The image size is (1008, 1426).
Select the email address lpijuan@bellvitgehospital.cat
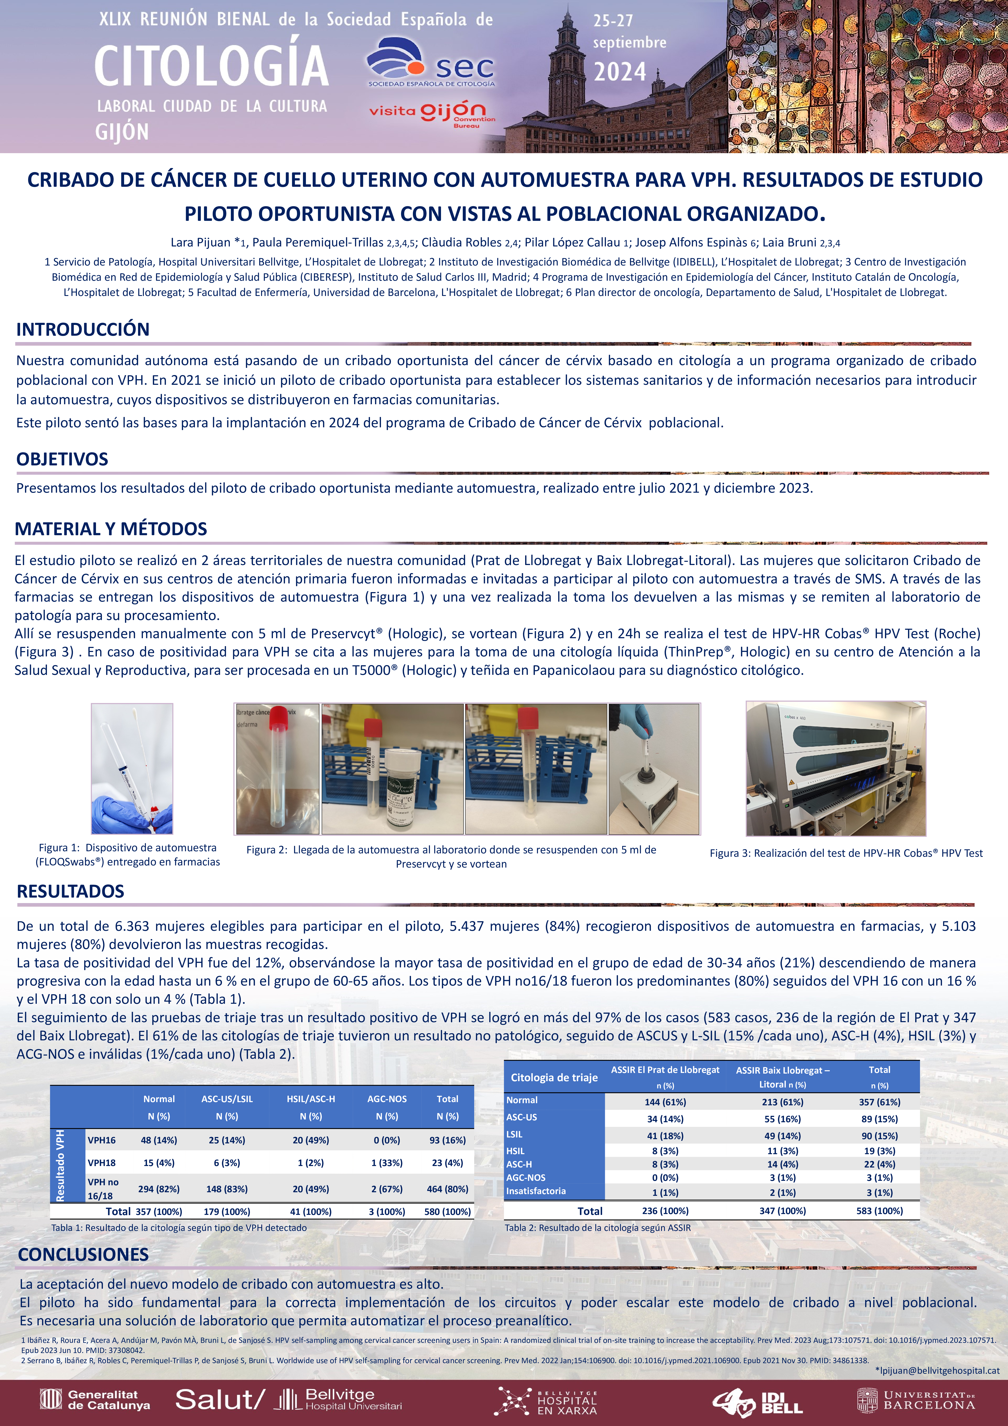pyautogui.click(x=937, y=1370)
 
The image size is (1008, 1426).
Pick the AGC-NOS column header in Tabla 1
pyautogui.click(x=387, y=1099)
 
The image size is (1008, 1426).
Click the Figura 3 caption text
pyautogui.click(x=846, y=853)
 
